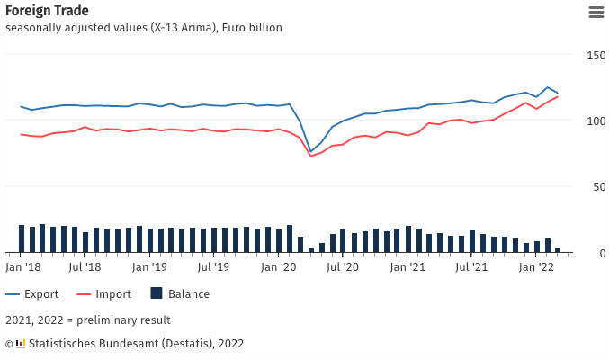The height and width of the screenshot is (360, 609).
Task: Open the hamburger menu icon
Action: point(596,12)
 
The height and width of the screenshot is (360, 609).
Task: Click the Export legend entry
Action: point(35,293)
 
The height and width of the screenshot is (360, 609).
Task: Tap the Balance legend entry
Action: point(179,293)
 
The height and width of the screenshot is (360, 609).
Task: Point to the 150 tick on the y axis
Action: point(596,55)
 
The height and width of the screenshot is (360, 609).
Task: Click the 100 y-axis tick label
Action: point(596,121)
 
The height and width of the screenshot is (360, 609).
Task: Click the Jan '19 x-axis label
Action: point(149,267)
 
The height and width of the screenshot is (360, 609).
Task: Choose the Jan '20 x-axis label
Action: point(278,267)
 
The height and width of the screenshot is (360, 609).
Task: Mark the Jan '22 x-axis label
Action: point(537,267)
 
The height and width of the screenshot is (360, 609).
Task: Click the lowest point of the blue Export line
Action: point(310,151)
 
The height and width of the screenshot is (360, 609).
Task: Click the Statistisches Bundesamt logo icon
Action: point(21,343)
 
